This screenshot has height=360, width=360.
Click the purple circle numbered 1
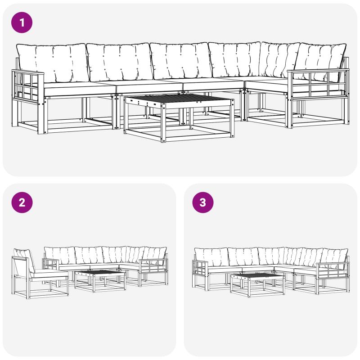[22, 22]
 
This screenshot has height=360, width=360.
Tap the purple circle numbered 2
[22, 202]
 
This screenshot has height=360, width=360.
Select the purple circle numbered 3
[203, 202]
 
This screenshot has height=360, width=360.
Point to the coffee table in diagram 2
[100, 281]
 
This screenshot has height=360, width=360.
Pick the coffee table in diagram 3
[257, 285]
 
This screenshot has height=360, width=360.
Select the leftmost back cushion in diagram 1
[53, 63]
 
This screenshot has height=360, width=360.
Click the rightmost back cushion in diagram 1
[321, 62]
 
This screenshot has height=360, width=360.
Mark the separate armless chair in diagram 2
[40, 274]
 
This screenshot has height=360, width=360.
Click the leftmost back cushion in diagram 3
[211, 257]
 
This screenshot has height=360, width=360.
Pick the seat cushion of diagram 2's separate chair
[49, 273]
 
